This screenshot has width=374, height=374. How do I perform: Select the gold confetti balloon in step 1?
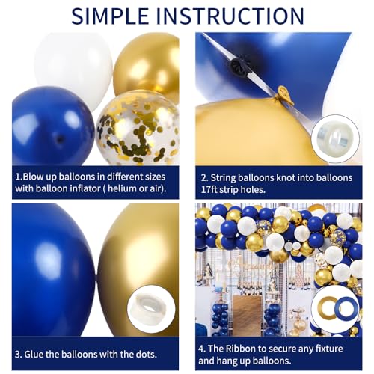point(138,127)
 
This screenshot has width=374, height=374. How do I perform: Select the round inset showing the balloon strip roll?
point(330,139)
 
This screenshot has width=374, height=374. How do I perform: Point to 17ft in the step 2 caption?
point(214,190)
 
